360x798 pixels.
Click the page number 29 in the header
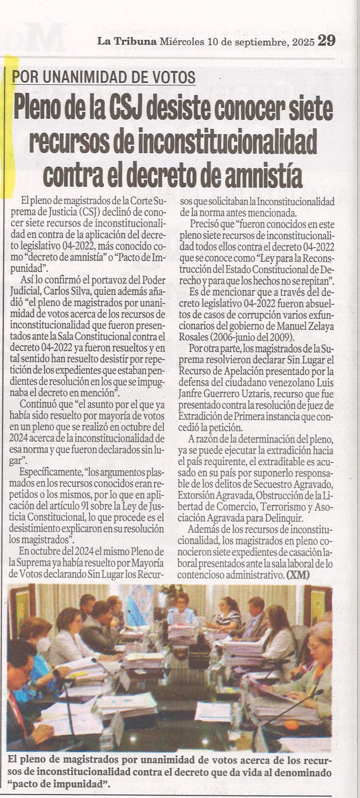[x=326, y=41]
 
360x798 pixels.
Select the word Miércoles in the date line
[x=182, y=41]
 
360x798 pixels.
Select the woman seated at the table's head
[x=184, y=610]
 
